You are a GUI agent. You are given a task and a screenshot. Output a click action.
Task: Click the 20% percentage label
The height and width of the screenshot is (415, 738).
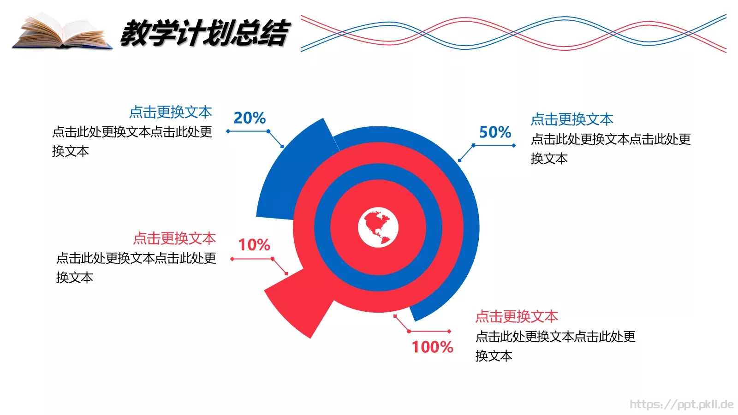click(250, 118)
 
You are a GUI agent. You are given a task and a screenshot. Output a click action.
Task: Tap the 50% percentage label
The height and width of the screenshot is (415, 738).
click(495, 132)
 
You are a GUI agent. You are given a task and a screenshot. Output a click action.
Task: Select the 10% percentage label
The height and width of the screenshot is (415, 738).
click(254, 245)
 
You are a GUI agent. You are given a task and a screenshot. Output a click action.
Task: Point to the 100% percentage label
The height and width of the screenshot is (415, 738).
click(432, 347)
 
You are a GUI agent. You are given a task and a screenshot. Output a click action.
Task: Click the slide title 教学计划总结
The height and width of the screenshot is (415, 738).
click(204, 33)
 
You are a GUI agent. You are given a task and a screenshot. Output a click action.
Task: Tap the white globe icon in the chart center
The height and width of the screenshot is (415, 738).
click(378, 227)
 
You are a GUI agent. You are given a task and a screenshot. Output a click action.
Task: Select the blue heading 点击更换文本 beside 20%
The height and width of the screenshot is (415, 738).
click(170, 113)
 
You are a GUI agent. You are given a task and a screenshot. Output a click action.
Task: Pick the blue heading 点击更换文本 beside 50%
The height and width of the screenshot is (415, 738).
click(572, 119)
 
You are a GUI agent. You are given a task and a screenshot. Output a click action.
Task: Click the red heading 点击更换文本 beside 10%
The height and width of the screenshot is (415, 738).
click(174, 238)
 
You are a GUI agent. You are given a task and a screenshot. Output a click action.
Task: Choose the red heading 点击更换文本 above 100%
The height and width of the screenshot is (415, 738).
click(517, 316)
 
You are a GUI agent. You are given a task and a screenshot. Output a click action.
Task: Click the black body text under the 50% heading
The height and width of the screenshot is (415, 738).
click(611, 149)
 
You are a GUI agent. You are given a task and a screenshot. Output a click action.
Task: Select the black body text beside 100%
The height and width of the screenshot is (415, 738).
click(555, 346)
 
